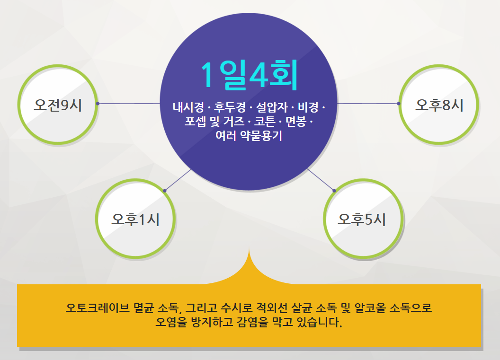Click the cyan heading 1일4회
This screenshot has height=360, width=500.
pos(249,75)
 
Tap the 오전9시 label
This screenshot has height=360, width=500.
pos(58,105)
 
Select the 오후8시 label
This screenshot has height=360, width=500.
pos(439,105)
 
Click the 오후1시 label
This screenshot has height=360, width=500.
pos(135,219)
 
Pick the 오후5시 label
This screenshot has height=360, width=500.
pos(362,219)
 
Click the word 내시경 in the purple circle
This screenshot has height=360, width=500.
pos(188,107)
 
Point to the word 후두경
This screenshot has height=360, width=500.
pos(230,107)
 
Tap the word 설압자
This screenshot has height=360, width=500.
pos(272,107)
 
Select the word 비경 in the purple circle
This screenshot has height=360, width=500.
pos(308,107)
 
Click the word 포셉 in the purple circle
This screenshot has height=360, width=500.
pos(195,122)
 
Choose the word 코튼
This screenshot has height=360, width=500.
pos(264,122)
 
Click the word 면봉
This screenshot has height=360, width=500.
pos(296,122)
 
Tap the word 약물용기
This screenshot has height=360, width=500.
pos(261,136)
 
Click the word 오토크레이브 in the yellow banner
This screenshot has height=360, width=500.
pos(98,308)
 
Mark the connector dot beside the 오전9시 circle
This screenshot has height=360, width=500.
pos(98,104)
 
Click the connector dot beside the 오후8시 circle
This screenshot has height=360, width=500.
pos(399,104)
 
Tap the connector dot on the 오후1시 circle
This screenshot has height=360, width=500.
pos(165,191)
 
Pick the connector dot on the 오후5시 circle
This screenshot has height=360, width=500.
pos(334,191)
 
